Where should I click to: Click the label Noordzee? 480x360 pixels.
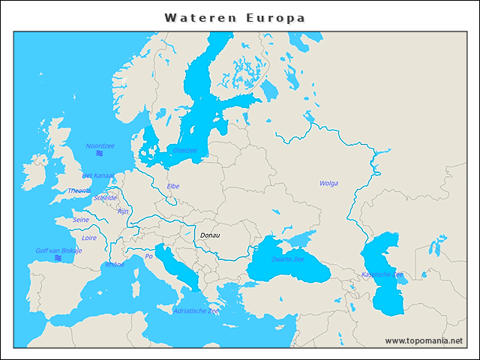(100, 146)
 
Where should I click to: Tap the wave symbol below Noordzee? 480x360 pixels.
(100, 154)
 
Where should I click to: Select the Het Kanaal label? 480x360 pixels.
(97, 175)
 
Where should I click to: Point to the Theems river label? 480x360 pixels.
(78, 190)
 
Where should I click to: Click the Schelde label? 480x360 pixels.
(106, 198)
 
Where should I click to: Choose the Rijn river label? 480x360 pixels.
(123, 211)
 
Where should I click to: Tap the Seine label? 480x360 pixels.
(80, 220)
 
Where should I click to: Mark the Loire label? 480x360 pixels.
(89, 238)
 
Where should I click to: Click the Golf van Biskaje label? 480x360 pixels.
(58, 250)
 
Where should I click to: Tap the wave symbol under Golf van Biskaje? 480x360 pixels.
(58, 259)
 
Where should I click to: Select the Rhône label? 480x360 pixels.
(115, 265)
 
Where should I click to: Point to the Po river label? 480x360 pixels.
(148, 256)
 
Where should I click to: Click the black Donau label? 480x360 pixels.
(210, 235)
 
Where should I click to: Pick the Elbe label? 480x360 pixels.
(173, 186)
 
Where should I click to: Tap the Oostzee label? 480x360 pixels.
(184, 150)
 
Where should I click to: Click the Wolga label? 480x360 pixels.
(328, 183)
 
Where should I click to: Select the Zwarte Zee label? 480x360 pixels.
(288, 259)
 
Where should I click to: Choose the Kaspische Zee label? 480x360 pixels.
(382, 274)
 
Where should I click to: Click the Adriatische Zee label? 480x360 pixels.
(196, 310)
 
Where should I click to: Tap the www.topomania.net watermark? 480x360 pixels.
(424, 340)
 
